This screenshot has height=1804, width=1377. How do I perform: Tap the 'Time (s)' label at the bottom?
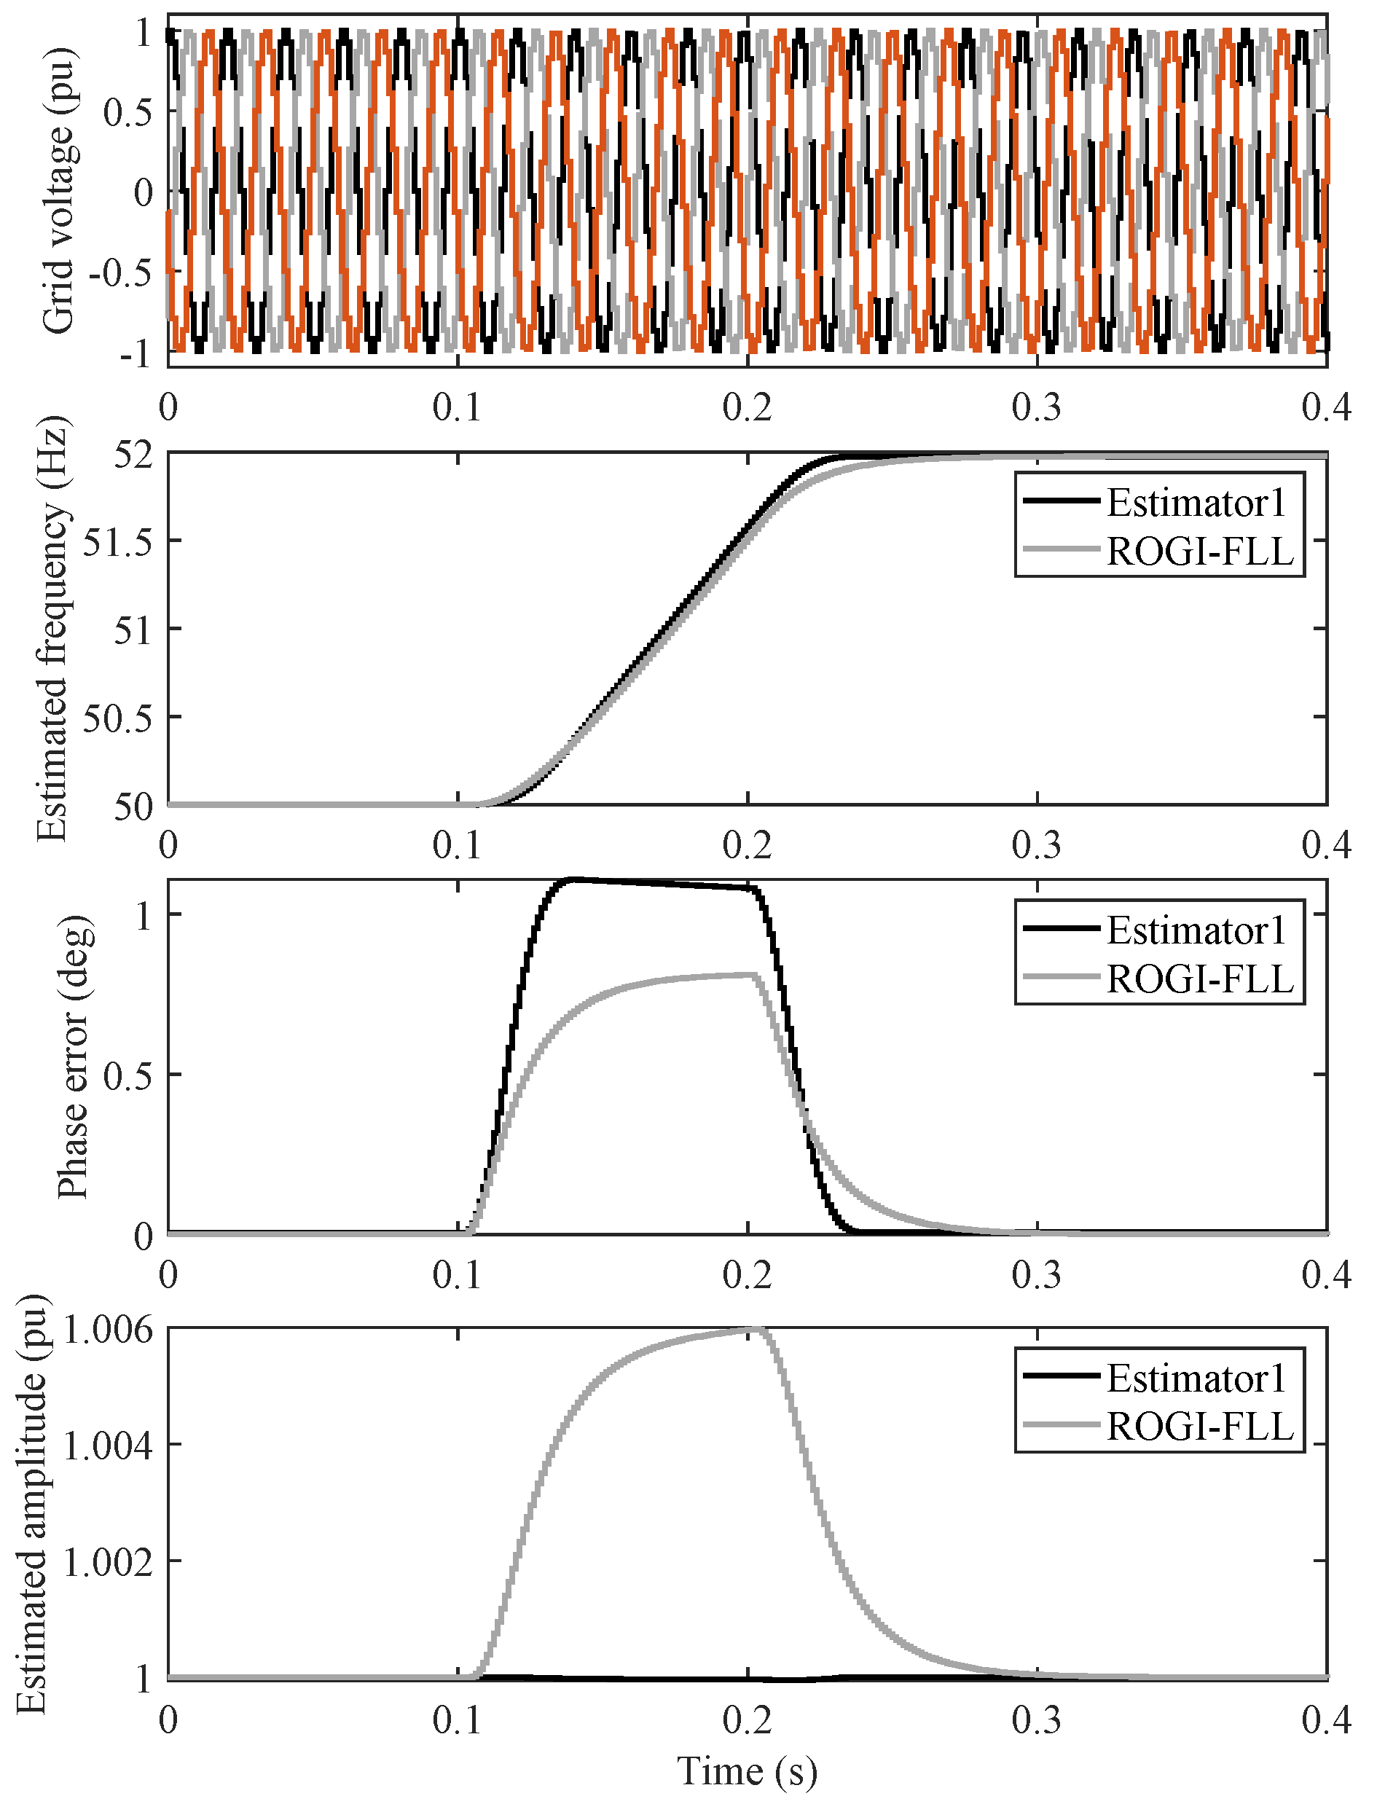click(x=747, y=1770)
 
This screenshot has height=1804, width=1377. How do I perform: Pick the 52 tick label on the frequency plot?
click(x=133, y=455)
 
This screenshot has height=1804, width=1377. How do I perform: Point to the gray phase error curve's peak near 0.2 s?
click(x=750, y=975)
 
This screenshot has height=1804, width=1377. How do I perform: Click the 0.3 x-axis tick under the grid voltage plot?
click(x=1037, y=407)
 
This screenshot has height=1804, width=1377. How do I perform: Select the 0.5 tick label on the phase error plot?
click(x=128, y=1075)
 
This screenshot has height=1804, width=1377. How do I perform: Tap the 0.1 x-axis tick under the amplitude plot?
click(x=458, y=1719)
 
